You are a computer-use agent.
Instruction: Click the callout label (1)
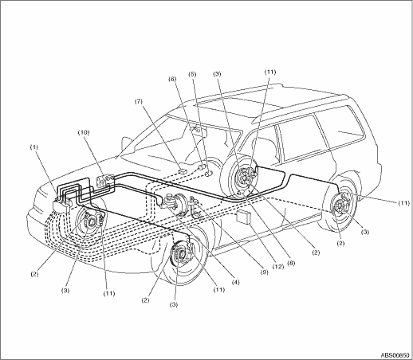coord(34,147)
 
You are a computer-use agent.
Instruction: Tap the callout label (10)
coord(84,132)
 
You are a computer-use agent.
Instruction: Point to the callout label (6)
coord(173,79)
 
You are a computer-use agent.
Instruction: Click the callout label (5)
coord(192,74)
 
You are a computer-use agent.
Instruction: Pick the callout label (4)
coord(235,283)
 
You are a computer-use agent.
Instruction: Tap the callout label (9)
coord(265,272)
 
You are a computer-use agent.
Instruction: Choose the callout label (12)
coord(278,267)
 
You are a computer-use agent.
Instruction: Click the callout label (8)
coord(291,263)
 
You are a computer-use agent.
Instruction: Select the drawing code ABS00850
coord(395,354)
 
